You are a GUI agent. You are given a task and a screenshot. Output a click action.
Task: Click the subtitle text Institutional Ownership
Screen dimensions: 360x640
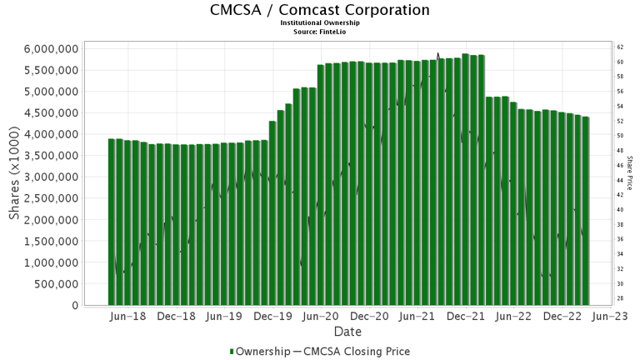pos(320,23)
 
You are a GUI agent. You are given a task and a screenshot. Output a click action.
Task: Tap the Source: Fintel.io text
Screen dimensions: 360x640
pos(320,31)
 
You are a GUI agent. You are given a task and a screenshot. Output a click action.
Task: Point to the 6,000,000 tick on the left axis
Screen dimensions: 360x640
pos(52,48)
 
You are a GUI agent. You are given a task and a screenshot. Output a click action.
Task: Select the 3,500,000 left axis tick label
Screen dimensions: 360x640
pos(52,155)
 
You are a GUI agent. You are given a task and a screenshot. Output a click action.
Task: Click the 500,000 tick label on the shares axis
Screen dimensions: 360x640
pos(57,284)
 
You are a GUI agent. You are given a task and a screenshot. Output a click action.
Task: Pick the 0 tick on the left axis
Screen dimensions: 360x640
pos(74,306)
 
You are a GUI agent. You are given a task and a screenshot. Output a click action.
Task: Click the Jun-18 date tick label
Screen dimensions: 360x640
pos(129,317)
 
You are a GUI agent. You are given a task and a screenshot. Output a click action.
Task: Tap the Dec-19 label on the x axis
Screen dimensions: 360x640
pos(274,317)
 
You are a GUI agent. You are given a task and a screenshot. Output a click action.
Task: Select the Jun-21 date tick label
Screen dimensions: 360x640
pos(419,317)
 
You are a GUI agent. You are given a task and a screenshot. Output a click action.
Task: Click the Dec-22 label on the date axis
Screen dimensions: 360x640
pos(564,317)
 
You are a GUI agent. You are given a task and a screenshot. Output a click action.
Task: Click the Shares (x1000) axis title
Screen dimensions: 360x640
pos(14,177)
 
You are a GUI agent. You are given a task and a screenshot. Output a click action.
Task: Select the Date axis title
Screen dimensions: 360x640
pos(348,332)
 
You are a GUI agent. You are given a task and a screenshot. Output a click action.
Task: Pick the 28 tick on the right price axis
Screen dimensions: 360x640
pos(621,298)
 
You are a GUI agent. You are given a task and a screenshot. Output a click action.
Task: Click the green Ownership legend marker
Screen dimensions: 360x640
pos(232,352)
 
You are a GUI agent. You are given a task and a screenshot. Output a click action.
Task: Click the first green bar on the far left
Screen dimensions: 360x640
pos(112,222)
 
